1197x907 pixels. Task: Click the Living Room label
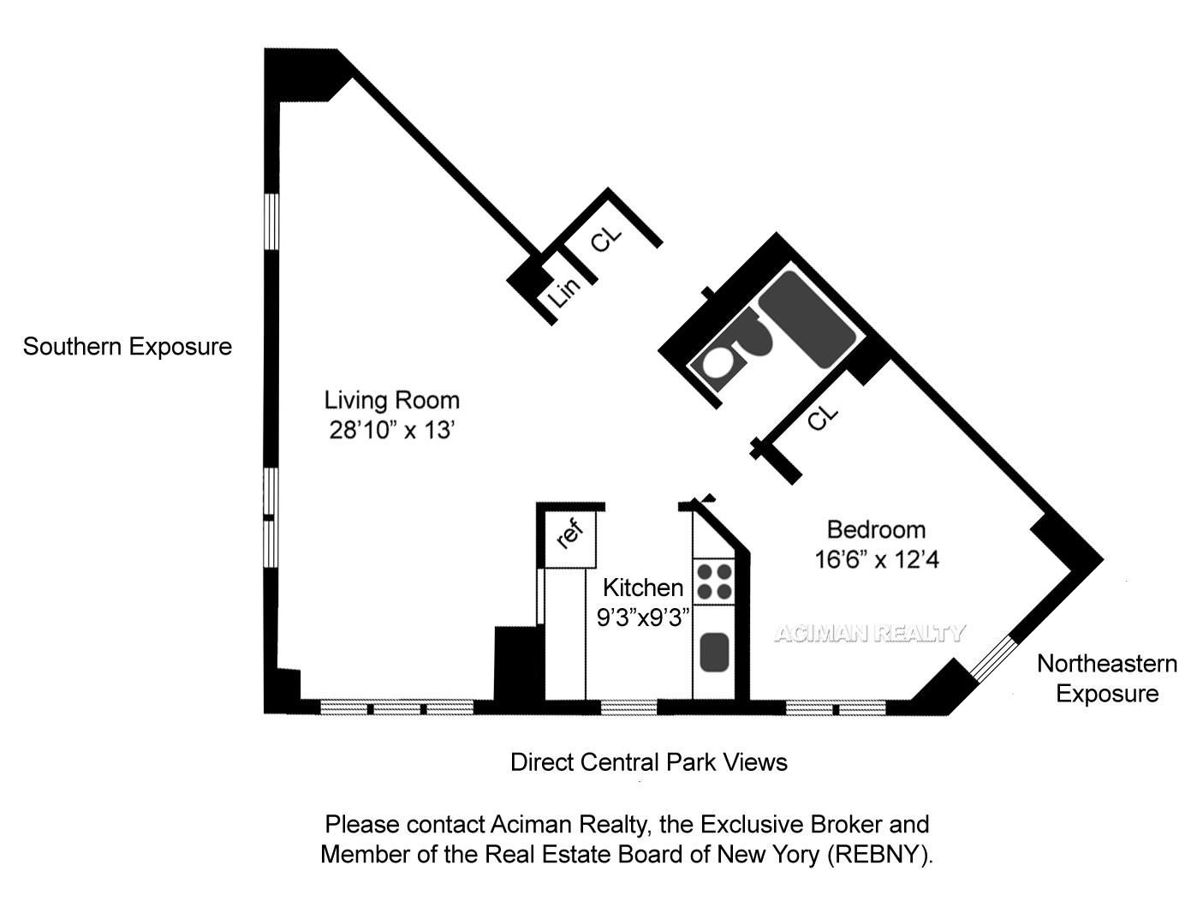(391, 400)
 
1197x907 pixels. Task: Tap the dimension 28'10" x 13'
(390, 430)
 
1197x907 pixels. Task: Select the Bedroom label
(875, 529)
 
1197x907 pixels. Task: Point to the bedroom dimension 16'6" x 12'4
(876, 559)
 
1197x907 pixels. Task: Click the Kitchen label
(643, 588)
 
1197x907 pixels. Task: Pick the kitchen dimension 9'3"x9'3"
(643, 617)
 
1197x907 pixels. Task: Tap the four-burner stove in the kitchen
(713, 581)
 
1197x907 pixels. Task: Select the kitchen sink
(713, 651)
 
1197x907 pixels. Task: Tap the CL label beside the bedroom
(822, 418)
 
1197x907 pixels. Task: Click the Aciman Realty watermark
(869, 634)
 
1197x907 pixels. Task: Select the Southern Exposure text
(128, 347)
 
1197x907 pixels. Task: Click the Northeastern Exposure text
(1107, 678)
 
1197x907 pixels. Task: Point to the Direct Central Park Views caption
(648, 762)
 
